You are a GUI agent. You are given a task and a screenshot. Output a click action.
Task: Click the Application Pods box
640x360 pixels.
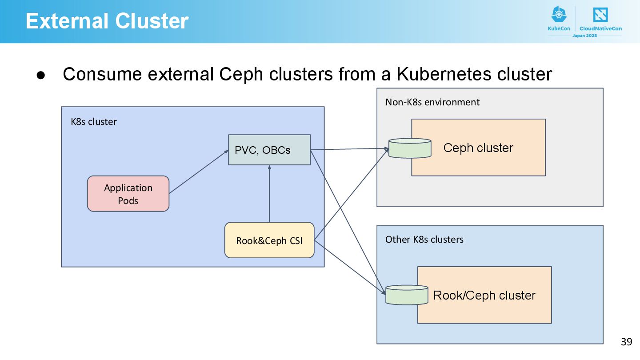(x=128, y=194)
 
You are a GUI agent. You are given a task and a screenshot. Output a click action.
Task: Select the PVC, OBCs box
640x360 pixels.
(x=269, y=150)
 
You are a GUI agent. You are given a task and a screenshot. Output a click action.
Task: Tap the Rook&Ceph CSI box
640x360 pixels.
(x=269, y=240)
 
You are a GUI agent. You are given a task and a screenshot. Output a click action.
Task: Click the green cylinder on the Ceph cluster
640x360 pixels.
(x=410, y=148)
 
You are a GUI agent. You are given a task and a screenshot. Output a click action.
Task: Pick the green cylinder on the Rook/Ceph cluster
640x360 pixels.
(x=407, y=295)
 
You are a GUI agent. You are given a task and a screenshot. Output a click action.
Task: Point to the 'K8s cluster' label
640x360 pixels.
(x=94, y=122)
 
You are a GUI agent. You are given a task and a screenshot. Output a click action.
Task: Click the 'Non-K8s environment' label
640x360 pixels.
(x=432, y=102)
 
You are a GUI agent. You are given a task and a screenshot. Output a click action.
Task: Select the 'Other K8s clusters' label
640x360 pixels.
(x=424, y=240)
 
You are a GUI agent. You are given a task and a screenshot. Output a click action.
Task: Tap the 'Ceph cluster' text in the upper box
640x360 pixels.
(x=478, y=148)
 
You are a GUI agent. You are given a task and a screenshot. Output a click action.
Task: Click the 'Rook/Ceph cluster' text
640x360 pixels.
(x=484, y=296)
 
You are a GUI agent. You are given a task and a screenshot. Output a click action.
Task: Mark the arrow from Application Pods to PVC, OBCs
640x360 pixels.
(x=199, y=172)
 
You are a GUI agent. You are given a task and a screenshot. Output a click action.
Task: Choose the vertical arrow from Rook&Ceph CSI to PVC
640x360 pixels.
(x=269, y=194)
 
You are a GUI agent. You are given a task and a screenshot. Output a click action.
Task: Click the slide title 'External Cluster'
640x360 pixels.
(x=107, y=21)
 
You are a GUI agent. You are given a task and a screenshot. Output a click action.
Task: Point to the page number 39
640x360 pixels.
(x=627, y=342)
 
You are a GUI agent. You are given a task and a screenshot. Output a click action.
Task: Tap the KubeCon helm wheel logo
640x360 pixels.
(x=559, y=14)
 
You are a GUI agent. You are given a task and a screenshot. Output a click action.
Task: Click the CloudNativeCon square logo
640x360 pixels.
(x=600, y=15)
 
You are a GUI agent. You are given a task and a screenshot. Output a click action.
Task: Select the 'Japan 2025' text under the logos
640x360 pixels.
(x=584, y=36)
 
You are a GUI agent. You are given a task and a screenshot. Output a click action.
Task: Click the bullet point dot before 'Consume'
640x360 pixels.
(x=41, y=75)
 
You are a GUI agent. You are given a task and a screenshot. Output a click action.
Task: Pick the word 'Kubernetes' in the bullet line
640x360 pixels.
(x=444, y=74)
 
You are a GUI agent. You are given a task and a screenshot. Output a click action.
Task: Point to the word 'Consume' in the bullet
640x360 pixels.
(x=102, y=74)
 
